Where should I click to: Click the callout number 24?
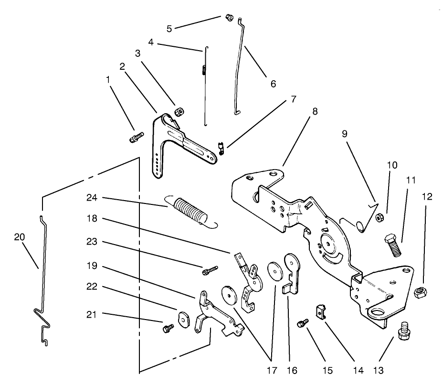[x=93, y=198]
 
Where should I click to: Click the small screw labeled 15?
[x=302, y=324]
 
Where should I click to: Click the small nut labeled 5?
[x=229, y=18]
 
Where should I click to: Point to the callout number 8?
[x=315, y=112]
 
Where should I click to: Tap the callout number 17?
[x=271, y=370]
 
